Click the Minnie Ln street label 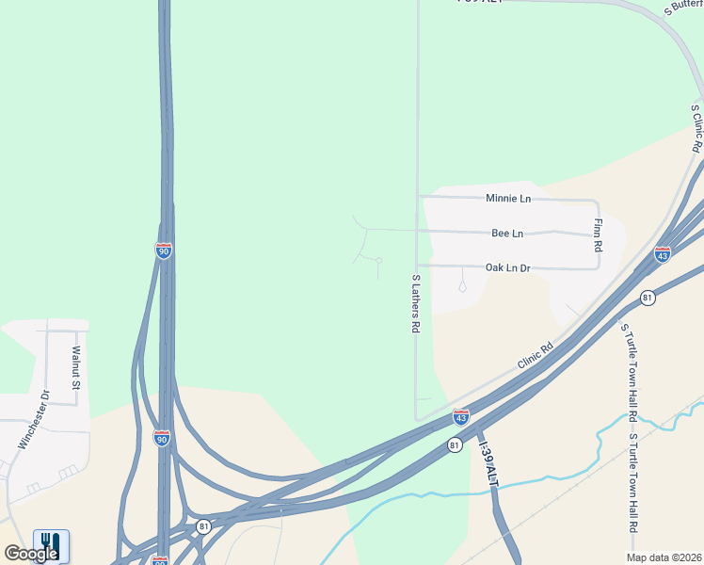tap(508, 199)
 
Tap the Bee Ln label tap(507, 233)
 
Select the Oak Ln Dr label tap(508, 268)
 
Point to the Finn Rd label tap(598, 235)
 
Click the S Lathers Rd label tap(415, 303)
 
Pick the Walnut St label tap(77, 368)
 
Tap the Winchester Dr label tap(32, 418)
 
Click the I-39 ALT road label tap(487, 462)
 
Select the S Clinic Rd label tap(697, 128)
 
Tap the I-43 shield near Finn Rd tap(663, 254)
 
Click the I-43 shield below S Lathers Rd tap(460, 415)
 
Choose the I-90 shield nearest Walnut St tap(162, 439)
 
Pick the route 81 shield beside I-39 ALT tap(455, 444)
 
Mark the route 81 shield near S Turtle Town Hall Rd tap(648, 298)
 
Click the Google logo tap(31, 554)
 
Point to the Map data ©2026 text tap(663, 557)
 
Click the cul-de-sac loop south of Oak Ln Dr tap(462, 285)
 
